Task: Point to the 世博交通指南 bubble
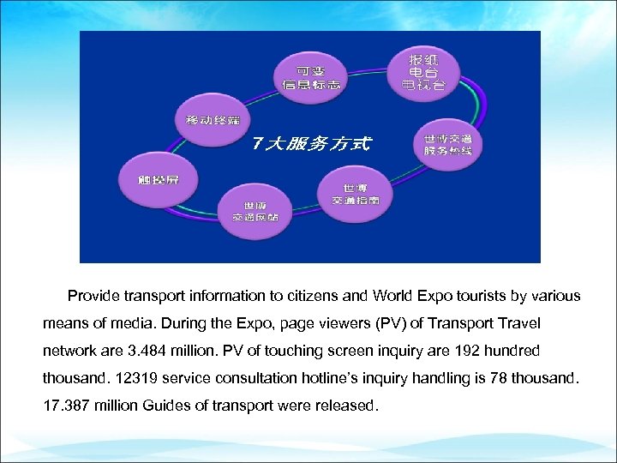click(355, 194)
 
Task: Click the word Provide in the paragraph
click(94, 296)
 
